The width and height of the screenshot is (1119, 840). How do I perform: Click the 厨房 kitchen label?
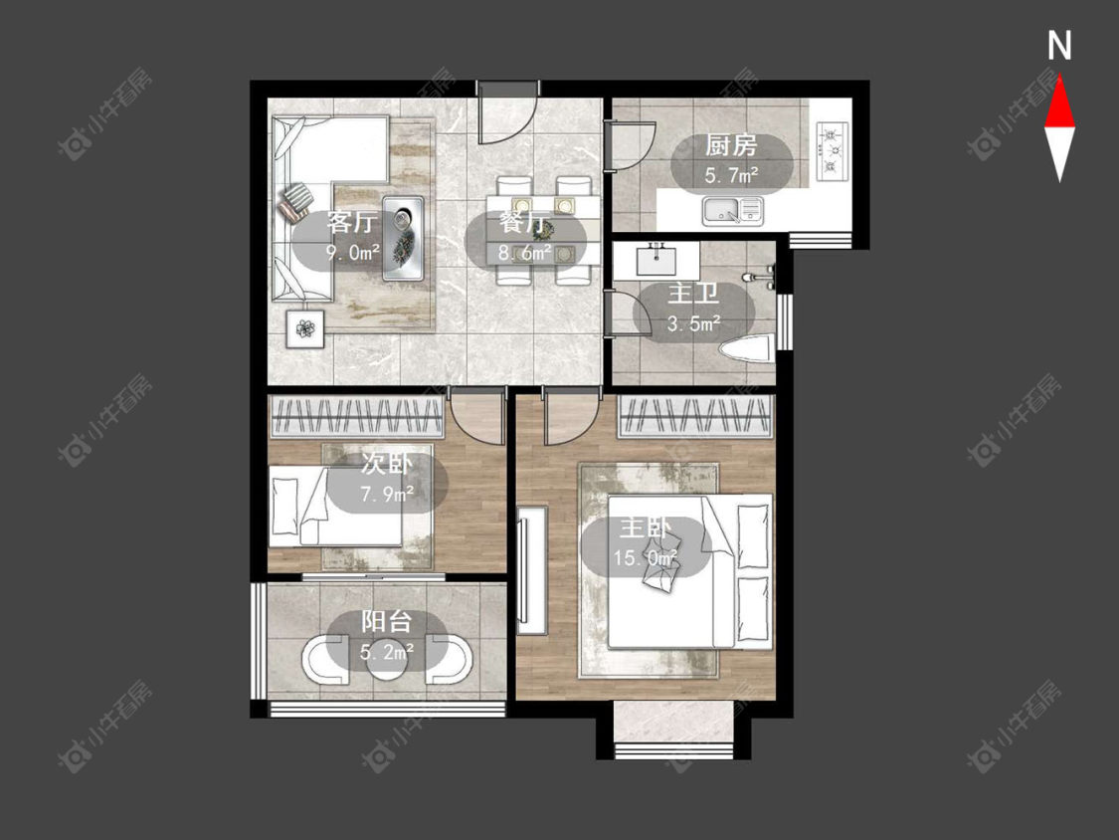pos(731,145)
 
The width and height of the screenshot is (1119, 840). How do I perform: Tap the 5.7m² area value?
pos(731,176)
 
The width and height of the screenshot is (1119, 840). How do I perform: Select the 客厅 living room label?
pos(351,221)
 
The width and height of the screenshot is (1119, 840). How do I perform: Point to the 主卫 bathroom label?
pos(692,294)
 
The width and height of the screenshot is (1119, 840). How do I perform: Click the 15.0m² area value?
pos(646,558)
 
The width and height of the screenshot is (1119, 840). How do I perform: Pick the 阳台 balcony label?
pos(386,621)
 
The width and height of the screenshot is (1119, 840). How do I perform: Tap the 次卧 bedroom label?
pos(386,464)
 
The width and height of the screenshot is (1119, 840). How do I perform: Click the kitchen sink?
pos(732,211)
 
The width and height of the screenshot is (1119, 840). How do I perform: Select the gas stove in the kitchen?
pos(833,150)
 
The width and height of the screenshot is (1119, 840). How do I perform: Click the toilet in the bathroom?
pos(746,350)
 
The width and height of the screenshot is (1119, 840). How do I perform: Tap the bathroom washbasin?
pos(655,260)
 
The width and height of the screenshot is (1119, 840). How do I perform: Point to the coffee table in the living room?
pos(403,238)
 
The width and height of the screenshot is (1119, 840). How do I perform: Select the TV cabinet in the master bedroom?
pos(532,570)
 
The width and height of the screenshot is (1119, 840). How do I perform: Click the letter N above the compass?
pos(1059,46)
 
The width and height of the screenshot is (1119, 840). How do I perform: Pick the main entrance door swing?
pos(506,112)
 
